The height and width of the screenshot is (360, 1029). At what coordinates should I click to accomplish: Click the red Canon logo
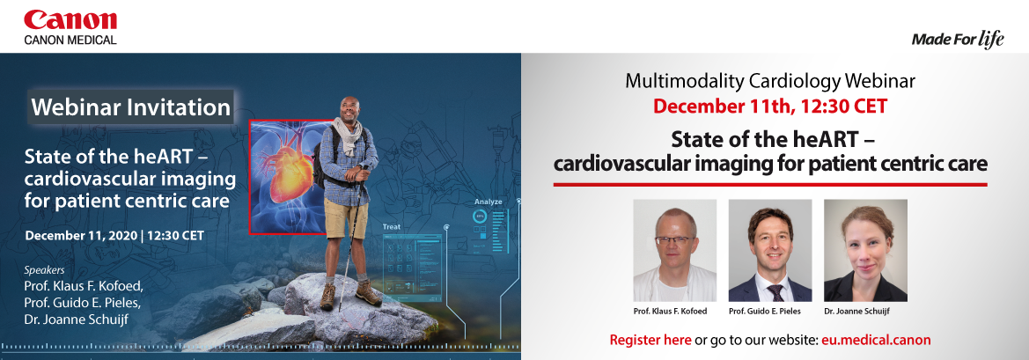pos(70,21)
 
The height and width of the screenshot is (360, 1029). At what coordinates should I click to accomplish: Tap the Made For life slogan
pos(958,40)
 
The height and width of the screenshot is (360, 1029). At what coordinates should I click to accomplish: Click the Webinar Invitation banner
pos(131,107)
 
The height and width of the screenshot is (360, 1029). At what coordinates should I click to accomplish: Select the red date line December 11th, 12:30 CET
pos(770,106)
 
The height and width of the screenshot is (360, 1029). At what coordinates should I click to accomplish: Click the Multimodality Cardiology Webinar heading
pos(770,81)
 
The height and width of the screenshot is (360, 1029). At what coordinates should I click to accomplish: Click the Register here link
pos(650,340)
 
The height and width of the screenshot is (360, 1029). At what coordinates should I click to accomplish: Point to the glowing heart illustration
pos(290,165)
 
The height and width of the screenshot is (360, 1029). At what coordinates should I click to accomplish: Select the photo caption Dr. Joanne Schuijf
pos(865,311)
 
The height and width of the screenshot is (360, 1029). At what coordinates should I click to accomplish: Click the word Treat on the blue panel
pos(392,227)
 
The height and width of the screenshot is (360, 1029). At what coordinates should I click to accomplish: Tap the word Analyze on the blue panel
pos(489,202)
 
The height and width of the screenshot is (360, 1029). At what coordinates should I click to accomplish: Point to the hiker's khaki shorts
pos(346,217)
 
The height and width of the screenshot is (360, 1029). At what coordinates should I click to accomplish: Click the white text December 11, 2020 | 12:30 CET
pos(114,234)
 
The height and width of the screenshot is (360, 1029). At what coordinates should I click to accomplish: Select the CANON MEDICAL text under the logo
pos(70,40)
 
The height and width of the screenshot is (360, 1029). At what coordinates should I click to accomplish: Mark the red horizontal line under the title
pos(770,185)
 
